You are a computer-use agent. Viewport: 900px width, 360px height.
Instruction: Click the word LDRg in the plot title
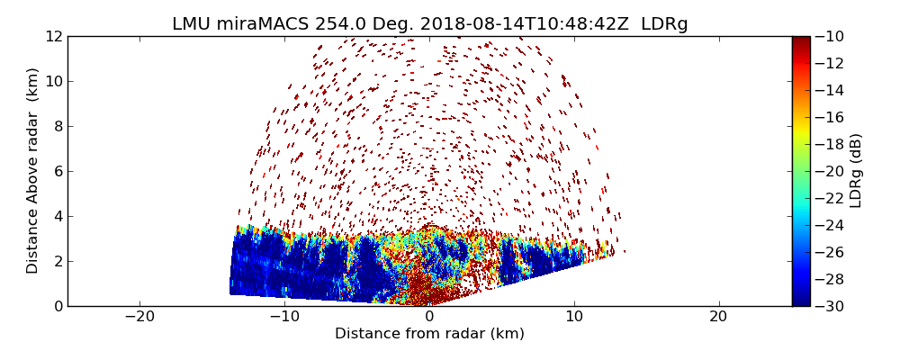[664, 24]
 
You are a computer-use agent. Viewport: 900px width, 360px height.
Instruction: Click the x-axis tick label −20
[139, 318]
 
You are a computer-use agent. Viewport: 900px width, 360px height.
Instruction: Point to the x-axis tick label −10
[284, 318]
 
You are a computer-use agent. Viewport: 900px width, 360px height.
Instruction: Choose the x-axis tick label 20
[718, 318]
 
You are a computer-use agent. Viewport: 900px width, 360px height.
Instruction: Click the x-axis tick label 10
[574, 318]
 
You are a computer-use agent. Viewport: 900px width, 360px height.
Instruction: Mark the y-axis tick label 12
[54, 36]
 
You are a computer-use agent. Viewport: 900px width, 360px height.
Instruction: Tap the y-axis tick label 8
[58, 126]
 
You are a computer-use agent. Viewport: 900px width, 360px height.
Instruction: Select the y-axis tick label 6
[58, 171]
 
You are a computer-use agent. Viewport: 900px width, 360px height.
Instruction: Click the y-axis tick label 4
[58, 216]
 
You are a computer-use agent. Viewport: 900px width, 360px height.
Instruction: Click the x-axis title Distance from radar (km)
[429, 334]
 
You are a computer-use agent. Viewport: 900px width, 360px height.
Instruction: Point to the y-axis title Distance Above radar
[33, 171]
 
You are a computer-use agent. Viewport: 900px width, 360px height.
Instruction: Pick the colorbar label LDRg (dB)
[856, 171]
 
